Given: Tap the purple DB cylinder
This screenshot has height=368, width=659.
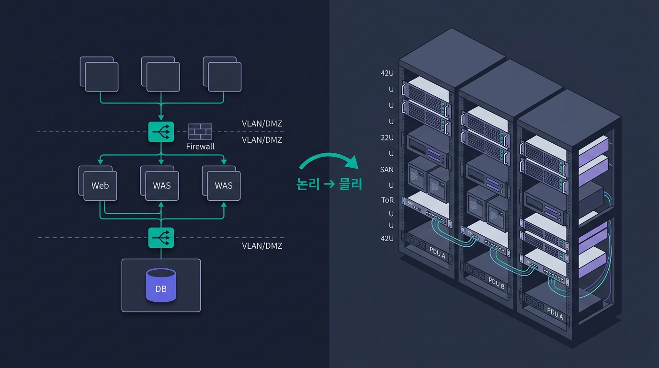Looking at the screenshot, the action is point(161,285).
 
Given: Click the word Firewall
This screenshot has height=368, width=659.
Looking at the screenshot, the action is point(200,146).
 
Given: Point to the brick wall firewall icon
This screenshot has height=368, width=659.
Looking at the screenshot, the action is point(200,131).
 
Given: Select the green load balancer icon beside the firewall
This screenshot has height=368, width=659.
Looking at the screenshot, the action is point(161,132).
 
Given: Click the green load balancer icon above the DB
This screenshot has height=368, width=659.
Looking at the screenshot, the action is point(161,238).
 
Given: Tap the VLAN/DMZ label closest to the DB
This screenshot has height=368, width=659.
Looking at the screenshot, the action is point(262,246).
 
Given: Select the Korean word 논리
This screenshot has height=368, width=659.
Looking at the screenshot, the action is point(308,184).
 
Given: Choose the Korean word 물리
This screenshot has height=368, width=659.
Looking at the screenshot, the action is point(351,184).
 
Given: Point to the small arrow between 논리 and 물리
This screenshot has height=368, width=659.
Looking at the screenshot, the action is point(329,184).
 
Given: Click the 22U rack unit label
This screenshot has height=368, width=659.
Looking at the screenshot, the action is point(387,138).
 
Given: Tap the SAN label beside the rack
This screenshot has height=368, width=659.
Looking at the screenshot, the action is point(386,170).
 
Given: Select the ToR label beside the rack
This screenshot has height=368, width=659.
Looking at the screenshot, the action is point(387,200).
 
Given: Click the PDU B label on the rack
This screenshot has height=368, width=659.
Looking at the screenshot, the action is point(496,283).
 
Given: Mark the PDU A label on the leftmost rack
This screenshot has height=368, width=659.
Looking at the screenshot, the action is point(437,253).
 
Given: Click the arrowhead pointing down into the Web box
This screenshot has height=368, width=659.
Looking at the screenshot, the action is point(100,161).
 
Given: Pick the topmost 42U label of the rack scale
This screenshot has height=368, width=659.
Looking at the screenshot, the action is point(387,73).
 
